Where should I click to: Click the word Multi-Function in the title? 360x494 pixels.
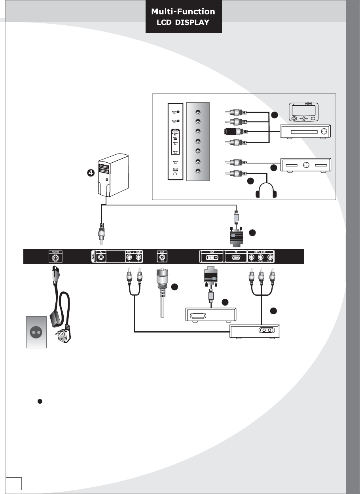(183, 12)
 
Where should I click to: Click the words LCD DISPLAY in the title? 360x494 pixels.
(183, 23)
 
